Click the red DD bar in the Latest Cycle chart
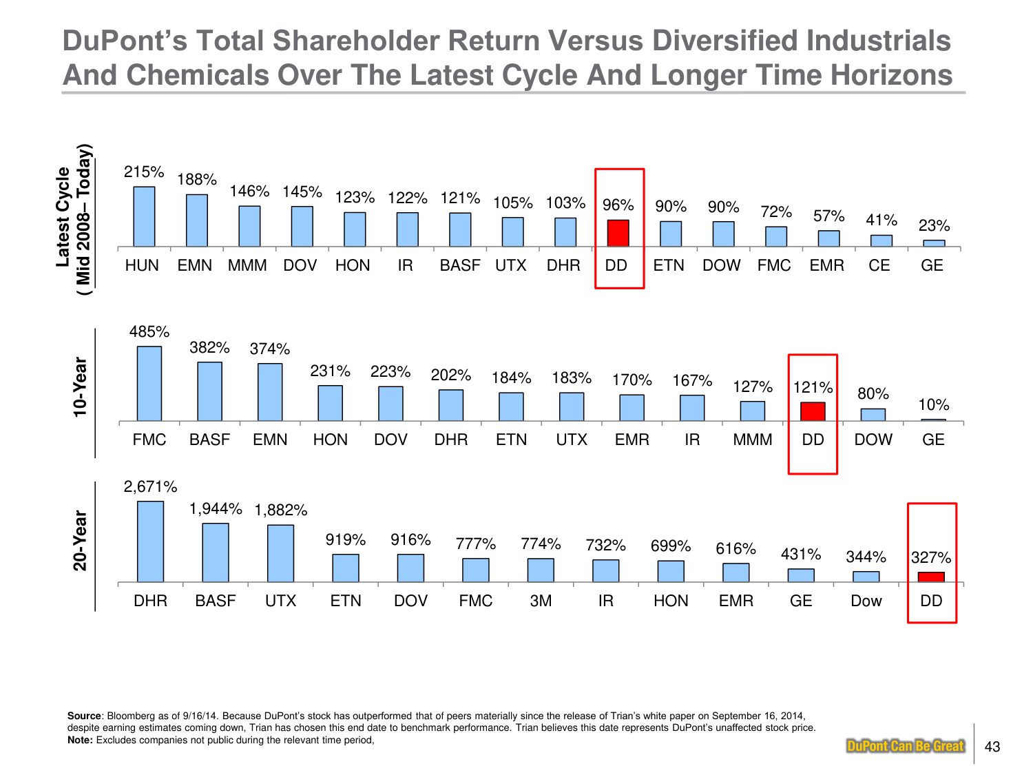coord(618,234)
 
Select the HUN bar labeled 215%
coord(144,216)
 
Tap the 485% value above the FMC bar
coord(149,332)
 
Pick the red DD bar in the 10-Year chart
coord(813,412)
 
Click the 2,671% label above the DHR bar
coord(150,487)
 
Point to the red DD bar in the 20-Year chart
coord(931,577)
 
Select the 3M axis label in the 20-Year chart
coord(541,601)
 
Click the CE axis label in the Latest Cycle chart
coord(879,266)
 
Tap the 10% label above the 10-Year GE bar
coord(933,405)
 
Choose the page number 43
coord(992,747)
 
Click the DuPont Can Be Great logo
coord(905,746)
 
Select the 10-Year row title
coord(81,386)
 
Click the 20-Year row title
coord(81,541)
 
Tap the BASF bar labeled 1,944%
coord(216,552)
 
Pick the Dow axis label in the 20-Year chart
coord(866,601)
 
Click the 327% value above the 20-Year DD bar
coord(931,557)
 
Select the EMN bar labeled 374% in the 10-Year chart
coord(270,392)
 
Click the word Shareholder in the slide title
coord(357,41)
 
